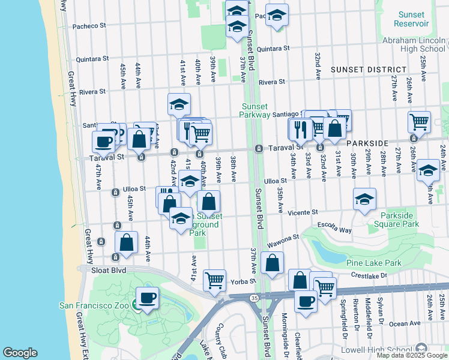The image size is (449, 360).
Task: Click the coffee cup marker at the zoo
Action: coord(146,298)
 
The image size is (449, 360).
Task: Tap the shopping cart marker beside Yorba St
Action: coord(215,280)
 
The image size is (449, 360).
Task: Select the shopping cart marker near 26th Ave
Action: coord(419,121)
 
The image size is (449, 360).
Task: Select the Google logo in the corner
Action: coord(20,353)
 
